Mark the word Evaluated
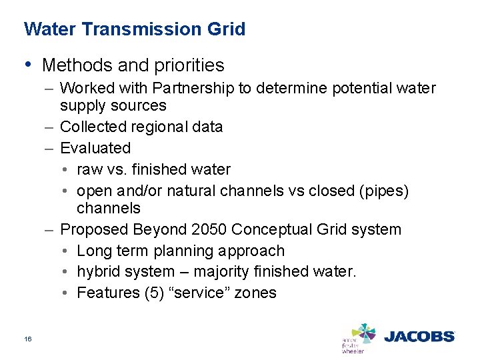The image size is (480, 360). [x=95, y=147]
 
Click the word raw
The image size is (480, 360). [x=89, y=169]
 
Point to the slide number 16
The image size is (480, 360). [x=28, y=339]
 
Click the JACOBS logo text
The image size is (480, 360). [x=418, y=337]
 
